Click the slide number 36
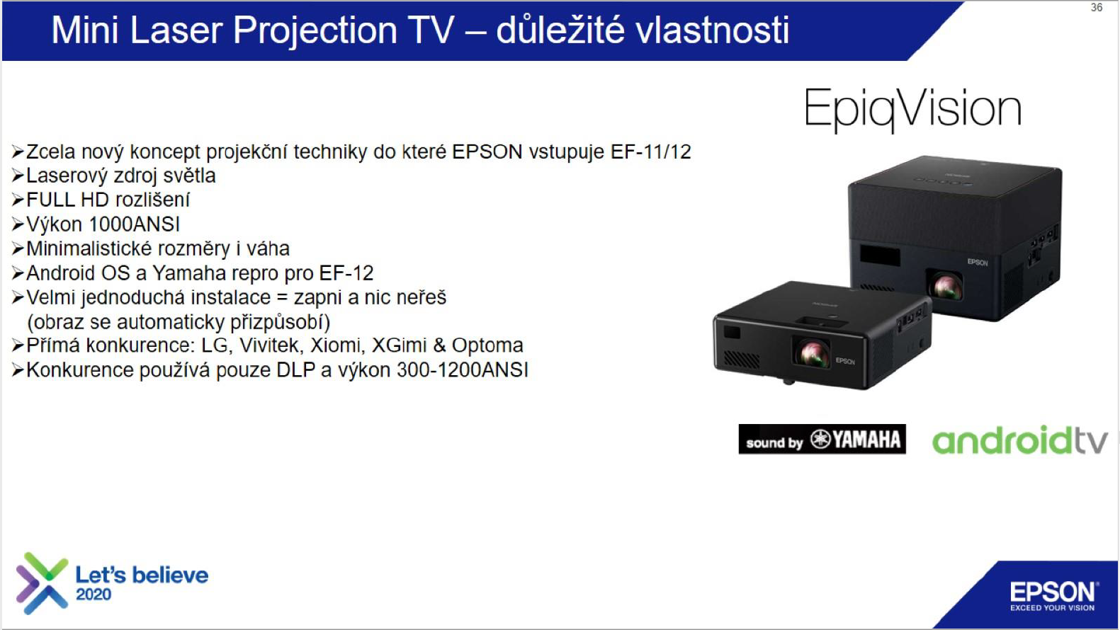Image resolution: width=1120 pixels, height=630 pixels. pos(1096,8)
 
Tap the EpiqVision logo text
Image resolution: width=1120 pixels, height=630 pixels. pos(912,108)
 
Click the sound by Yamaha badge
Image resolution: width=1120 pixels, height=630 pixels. pos(822,439)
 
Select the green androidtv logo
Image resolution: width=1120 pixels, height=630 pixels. pos(1020,440)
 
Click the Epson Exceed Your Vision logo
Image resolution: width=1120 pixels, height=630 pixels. pos(1053,596)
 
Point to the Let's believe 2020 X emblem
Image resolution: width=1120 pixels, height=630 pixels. pos(42,583)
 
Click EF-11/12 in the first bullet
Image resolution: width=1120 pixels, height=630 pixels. pos(650,152)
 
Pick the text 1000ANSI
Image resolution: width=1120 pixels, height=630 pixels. pos(134,224)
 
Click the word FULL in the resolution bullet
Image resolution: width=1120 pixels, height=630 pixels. pos(50,200)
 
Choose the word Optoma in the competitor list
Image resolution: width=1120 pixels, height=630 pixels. pos(487,345)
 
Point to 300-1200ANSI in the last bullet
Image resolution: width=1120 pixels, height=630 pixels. pos(463,370)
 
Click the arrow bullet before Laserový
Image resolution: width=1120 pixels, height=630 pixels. pos(18,176)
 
